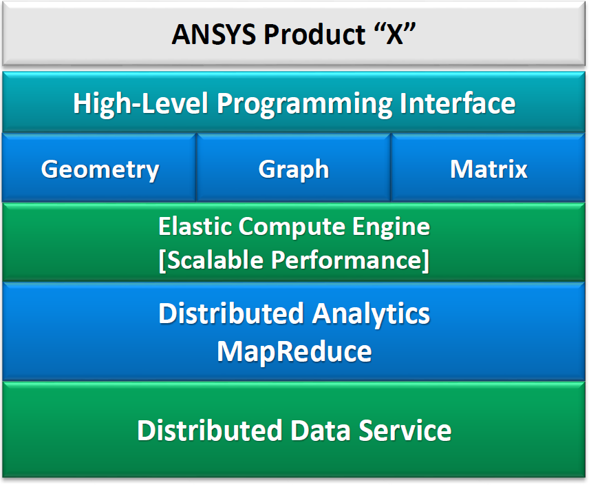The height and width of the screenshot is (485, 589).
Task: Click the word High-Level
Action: (x=141, y=104)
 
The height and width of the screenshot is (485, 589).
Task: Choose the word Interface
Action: (x=458, y=104)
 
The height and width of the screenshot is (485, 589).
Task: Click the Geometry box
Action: (x=100, y=169)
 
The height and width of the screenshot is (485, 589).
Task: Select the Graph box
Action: (x=294, y=169)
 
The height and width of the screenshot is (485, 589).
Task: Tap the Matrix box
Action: (x=489, y=169)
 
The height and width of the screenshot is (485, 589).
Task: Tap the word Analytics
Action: (x=372, y=313)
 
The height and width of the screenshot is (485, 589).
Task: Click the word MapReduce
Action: (x=294, y=351)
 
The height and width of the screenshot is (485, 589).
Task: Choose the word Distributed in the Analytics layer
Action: (x=231, y=313)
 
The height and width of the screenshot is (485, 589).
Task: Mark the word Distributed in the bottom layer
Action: (x=209, y=431)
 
